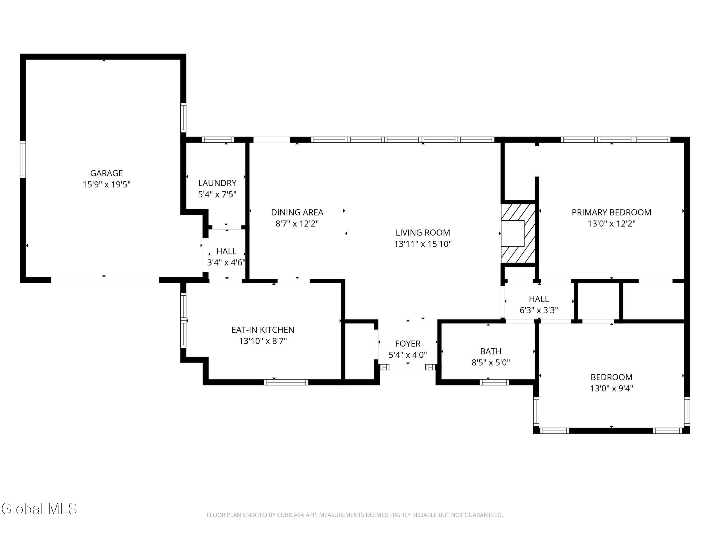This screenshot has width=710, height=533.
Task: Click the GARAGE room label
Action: [x=106, y=173]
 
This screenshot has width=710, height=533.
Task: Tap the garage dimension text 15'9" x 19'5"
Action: [x=106, y=184]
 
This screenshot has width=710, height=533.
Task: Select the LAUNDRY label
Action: [x=217, y=183]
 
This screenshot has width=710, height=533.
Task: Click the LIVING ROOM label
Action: [x=423, y=233]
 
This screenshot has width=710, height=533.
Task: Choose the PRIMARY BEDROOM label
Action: [x=611, y=212]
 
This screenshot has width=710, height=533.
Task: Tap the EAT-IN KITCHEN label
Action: [x=263, y=330]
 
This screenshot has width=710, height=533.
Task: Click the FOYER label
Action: [x=408, y=344]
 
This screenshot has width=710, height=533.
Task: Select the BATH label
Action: [x=491, y=351]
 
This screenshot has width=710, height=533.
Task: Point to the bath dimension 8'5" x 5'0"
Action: [x=491, y=363]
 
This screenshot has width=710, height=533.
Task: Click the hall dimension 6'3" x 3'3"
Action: [x=539, y=310]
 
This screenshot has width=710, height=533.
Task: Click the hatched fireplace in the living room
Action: [x=518, y=233]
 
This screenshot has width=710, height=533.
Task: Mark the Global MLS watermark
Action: [x=39, y=509]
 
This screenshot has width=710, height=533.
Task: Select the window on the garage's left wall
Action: [x=23, y=159]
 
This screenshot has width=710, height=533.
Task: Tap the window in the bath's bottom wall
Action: [x=494, y=382]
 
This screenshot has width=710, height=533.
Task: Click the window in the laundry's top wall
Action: [x=218, y=140]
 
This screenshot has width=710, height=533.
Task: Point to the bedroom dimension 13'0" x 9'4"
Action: [x=611, y=388]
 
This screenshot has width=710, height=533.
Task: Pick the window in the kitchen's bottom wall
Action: [x=286, y=382]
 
